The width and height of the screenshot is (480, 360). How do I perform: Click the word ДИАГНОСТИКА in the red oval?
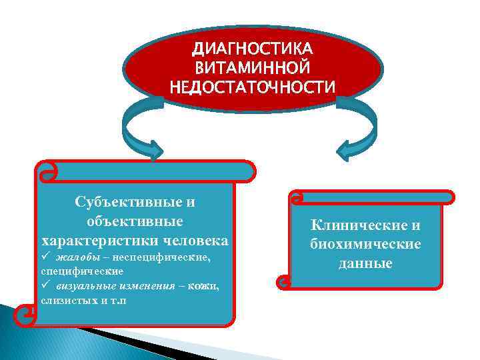tap(253, 50)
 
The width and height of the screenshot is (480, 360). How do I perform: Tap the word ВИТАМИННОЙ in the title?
tap(253, 68)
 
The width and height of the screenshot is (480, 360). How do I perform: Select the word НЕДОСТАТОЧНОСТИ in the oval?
tap(253, 87)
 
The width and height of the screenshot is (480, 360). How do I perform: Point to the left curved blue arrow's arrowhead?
tap(153, 151)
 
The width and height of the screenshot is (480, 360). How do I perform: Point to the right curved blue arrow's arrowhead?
tap(348, 151)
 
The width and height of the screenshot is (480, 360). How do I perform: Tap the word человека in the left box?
tap(197, 239)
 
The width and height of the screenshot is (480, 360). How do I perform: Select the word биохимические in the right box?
tap(365, 244)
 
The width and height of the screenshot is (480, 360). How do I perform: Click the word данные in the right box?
tap(365, 263)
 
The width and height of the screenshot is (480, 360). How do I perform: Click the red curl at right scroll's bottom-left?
tap(285, 283)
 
